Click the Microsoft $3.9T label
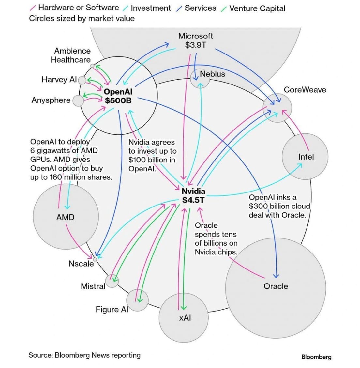tap(195, 40)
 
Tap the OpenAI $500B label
tap(118, 96)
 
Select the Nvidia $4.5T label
tap(193, 195)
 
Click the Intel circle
tap(305, 157)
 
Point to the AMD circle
tap(66, 217)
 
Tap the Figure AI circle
tap(137, 299)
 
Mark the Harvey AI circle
tap(82, 80)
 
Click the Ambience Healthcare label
tap(71, 55)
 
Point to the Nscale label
tap(81, 264)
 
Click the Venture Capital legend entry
tap(257, 8)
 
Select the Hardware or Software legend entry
tap(78, 8)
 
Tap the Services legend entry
tap(200, 8)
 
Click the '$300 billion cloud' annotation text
tap(279, 206)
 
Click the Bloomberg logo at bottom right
tap(316, 357)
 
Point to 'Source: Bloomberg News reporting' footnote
tap(84, 355)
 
